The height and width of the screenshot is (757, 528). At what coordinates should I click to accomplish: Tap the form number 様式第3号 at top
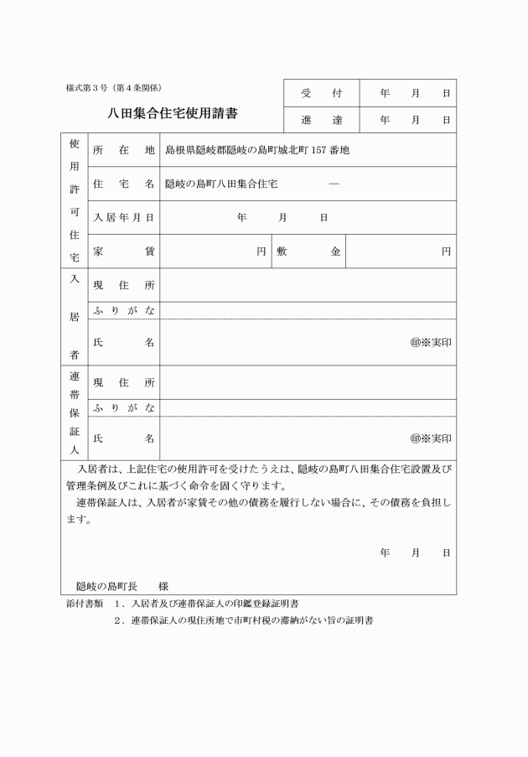point(118,88)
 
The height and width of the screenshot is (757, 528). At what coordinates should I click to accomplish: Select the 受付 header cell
point(322,93)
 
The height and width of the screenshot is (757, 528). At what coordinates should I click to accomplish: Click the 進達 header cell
point(322,120)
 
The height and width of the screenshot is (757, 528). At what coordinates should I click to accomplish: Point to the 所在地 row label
point(124,150)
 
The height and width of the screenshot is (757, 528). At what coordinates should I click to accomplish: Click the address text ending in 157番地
point(256,150)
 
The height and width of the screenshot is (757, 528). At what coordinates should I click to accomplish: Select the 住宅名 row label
point(124,184)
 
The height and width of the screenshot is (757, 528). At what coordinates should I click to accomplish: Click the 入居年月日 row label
point(124,217)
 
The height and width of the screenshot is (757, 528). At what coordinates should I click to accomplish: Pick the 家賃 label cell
point(124,251)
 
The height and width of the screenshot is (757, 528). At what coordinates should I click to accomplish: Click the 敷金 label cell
point(309,251)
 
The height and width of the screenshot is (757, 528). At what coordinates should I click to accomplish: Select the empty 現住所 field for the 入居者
point(308,286)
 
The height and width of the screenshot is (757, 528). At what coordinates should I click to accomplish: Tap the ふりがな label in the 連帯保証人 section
point(124,407)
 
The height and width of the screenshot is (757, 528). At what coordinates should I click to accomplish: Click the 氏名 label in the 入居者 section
point(124,342)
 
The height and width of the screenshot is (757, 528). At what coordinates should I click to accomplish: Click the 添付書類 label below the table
point(84,604)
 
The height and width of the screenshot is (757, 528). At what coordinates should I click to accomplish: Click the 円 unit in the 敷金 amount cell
point(447,251)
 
